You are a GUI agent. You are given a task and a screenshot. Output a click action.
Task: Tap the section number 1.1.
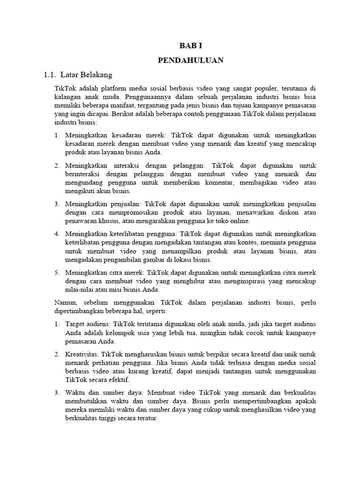[50, 75]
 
